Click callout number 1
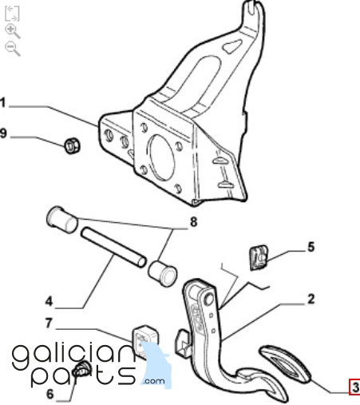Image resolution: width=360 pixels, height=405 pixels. (2, 103)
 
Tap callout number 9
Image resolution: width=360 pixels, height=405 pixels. (3, 133)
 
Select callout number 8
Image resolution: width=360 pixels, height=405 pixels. (193, 222)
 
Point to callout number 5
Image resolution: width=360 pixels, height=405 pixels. (311, 247)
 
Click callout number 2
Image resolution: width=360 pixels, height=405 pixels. (311, 299)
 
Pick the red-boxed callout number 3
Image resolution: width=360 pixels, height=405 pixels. (355, 387)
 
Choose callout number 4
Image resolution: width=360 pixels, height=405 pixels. (49, 302)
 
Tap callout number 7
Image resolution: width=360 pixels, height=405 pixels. (49, 323)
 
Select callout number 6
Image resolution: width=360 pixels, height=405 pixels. (50, 394)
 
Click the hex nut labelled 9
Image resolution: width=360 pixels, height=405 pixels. (72, 145)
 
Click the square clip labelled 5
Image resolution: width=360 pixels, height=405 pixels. (259, 257)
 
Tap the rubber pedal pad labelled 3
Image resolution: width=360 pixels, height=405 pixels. (285, 363)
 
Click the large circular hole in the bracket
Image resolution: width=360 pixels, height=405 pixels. (161, 158)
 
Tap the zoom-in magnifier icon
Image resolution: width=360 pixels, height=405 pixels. (13, 31)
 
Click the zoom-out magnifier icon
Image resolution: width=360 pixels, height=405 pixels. (13, 49)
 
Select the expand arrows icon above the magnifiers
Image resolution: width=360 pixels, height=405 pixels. (12, 14)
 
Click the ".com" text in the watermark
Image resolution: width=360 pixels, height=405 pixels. (154, 381)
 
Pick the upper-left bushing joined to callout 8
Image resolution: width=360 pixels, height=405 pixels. (62, 220)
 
